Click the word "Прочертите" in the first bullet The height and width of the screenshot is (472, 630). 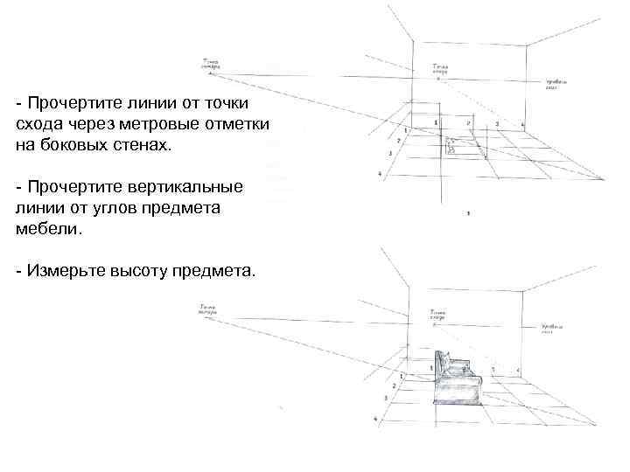pos(77,104)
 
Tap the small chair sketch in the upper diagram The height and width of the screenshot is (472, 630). pos(451,144)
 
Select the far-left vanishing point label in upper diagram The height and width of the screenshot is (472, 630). pos(210,64)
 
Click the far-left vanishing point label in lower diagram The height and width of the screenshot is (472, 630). pos(208,308)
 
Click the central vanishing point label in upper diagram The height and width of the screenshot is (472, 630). pos(440,68)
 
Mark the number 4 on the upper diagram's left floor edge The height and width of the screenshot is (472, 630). pos(380,174)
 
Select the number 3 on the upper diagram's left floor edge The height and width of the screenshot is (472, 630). pos(388,154)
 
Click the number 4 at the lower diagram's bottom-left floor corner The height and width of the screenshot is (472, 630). pos(375,419)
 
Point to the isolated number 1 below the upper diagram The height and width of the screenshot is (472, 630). pos(469,213)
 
